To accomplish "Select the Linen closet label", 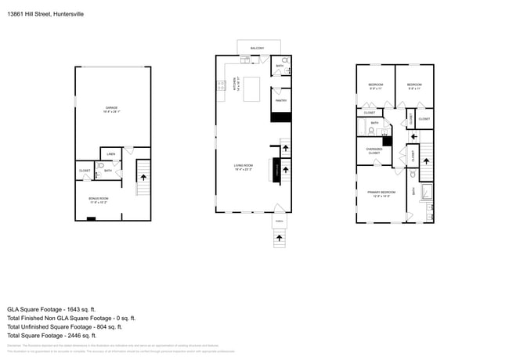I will coord(111,154).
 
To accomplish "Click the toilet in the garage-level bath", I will coord(101,167).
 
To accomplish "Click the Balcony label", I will coord(257,49).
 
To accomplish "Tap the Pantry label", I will coord(280,100).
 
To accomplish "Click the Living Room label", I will coord(244,166).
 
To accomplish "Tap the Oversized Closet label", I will coord(374,151).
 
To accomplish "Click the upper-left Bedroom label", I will coord(375,85).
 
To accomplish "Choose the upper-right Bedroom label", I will coord(414,85).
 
